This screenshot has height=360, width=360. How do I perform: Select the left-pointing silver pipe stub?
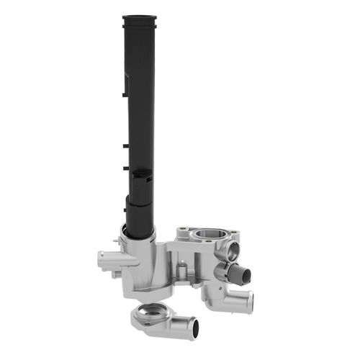(102, 257)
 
